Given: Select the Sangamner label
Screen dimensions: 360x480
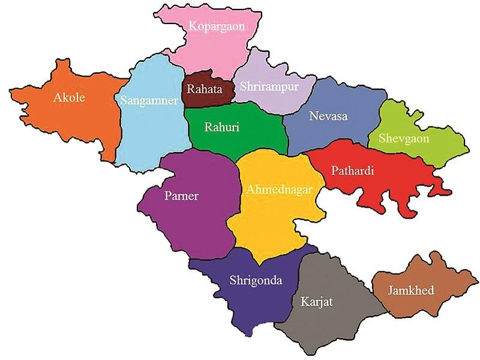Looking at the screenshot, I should click(x=148, y=100).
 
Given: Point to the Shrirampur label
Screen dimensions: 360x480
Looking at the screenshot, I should click(x=268, y=86).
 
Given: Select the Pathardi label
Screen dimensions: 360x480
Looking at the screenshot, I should click(x=353, y=171).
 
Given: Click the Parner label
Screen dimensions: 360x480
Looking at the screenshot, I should click(x=181, y=196).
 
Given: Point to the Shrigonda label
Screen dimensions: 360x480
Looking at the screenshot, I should click(x=256, y=280).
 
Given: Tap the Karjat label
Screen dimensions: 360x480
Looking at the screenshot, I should click(x=316, y=301).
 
